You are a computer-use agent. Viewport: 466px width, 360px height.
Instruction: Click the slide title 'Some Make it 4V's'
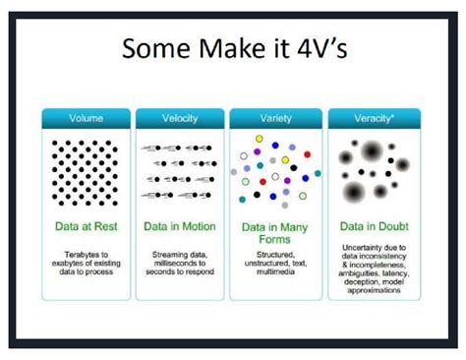point(232,49)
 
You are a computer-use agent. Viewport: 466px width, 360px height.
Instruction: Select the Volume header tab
point(86,119)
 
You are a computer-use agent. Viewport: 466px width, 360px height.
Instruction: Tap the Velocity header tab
point(178,119)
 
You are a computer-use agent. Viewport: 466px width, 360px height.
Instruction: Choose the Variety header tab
point(271,119)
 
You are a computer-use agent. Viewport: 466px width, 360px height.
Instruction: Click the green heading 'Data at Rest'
point(86,225)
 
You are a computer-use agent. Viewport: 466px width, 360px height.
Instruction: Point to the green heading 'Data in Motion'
point(178,225)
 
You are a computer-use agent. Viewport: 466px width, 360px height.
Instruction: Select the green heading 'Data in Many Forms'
point(271,232)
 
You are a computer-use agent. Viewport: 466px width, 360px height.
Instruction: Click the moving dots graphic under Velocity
point(178,171)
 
